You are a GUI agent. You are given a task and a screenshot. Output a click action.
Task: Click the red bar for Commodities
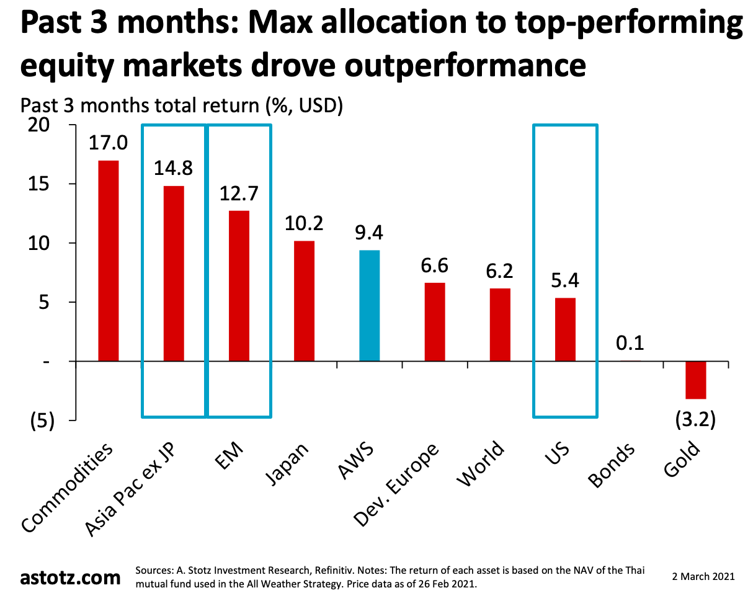(108, 261)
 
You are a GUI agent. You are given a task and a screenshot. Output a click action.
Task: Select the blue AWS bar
(370, 305)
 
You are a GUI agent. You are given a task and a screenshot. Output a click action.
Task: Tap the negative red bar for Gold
(696, 380)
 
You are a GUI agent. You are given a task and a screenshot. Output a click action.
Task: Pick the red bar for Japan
(304, 301)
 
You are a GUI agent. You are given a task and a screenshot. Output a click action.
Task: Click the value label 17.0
(108, 143)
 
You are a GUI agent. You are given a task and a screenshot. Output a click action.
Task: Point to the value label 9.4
(370, 233)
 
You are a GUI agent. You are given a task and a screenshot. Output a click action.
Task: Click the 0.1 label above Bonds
(631, 343)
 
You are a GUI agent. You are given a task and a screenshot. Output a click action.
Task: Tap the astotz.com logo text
(70, 577)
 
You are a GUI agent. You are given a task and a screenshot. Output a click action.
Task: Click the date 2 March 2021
(703, 576)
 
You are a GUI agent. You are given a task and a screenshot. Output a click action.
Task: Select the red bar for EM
(239, 286)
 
